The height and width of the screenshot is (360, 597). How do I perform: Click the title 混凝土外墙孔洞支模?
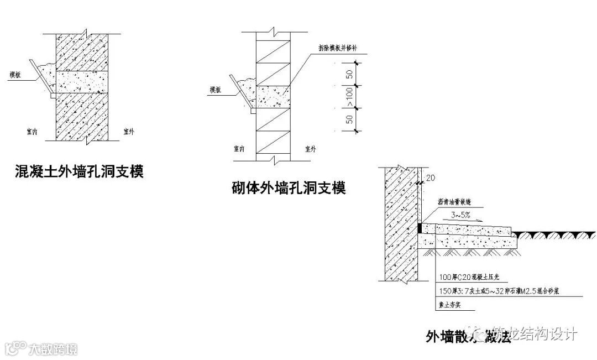78,171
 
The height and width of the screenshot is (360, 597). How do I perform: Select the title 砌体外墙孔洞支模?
288,188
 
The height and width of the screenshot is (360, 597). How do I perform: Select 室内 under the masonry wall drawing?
240,149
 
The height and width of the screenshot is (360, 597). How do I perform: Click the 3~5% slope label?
459,215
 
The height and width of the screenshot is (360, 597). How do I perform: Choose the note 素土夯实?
449,304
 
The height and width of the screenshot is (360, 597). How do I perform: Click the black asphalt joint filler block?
420,228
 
